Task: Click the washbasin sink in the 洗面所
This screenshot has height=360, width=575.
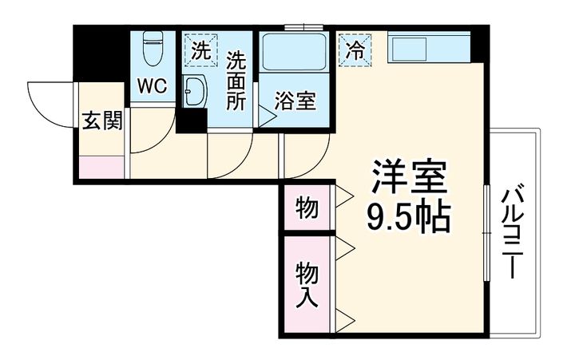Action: click(x=193, y=92)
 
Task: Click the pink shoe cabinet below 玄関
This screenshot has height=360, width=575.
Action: click(x=101, y=168)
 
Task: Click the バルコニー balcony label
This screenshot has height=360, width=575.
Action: click(x=515, y=231)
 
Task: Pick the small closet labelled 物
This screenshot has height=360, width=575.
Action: click(x=306, y=208)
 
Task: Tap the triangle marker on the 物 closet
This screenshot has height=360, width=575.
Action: click(x=344, y=195)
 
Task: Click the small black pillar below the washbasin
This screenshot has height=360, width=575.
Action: click(x=191, y=122)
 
